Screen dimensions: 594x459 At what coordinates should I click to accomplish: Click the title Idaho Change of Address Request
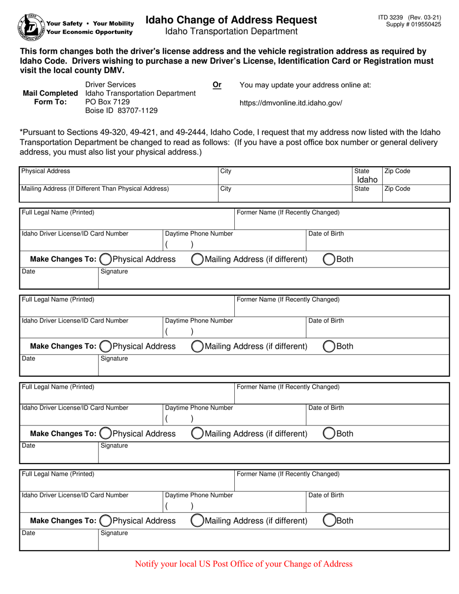tap(231, 20)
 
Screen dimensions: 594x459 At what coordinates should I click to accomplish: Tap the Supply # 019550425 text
tap(414, 24)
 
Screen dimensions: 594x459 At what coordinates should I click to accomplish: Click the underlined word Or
tap(217, 85)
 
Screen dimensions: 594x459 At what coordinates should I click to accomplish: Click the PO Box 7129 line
tap(107, 101)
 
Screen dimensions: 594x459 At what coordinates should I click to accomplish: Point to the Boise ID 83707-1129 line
tap(121, 110)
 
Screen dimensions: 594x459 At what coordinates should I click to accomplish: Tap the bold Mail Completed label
tap(50, 93)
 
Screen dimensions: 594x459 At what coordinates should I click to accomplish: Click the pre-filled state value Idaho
tap(367, 180)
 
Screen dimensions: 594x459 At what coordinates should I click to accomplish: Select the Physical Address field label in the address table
tap(45, 171)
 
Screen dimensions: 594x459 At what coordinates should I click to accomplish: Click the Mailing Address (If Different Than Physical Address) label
tap(95, 189)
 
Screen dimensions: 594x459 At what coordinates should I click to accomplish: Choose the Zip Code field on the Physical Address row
tap(416, 176)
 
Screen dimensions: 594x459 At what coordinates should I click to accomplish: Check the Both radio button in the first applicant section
tap(329, 259)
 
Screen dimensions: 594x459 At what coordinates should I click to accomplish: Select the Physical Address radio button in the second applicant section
tap(105, 346)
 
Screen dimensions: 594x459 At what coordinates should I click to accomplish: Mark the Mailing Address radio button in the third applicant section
tap(197, 434)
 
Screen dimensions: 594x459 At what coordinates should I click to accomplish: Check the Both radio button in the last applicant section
tap(329, 521)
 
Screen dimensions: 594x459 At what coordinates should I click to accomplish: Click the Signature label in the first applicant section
tap(115, 271)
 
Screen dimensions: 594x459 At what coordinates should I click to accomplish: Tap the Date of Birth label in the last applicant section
tap(326, 495)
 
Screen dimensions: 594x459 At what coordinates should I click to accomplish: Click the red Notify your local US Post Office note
tap(244, 564)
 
